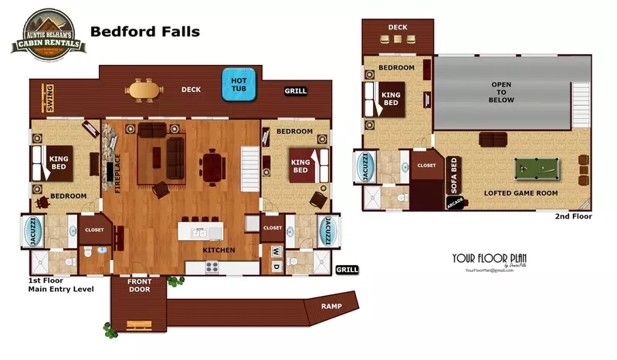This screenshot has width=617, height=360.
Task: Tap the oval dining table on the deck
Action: [x=145, y=90]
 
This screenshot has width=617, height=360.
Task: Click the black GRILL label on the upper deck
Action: [x=295, y=91]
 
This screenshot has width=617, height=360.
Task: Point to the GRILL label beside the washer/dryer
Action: [x=346, y=270]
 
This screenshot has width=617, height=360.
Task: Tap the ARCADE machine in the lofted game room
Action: [x=454, y=203]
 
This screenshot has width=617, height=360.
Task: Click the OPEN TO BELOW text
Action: [x=502, y=93]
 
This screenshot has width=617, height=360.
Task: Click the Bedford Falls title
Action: [x=145, y=32]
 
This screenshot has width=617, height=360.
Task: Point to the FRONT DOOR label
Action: [x=140, y=285]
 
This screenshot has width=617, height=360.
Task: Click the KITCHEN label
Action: [x=219, y=250]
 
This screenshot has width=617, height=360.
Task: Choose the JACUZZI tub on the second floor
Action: [x=364, y=166]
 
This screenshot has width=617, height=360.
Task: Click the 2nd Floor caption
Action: [x=573, y=217]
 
